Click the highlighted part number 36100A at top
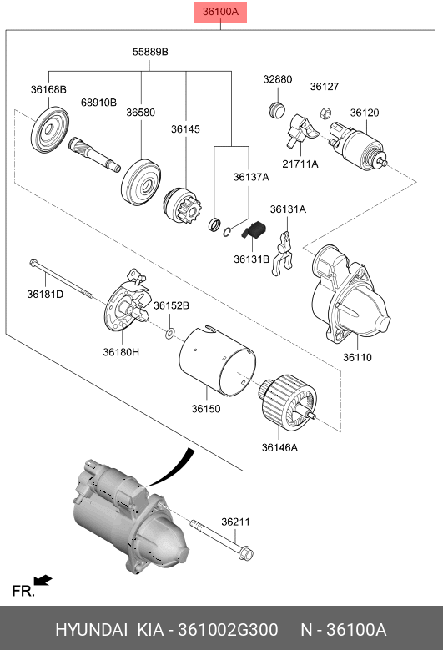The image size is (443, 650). pyautogui.click(x=220, y=12)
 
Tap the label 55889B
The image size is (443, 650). pyautogui.click(x=150, y=52)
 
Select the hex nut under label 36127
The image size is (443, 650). pyautogui.click(x=325, y=112)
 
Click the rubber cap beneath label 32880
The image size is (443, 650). pyautogui.click(x=276, y=109)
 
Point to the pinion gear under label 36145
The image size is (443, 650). pyautogui.click(x=182, y=208)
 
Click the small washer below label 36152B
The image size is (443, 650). pyautogui.click(x=170, y=332)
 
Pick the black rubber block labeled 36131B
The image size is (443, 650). pyautogui.click(x=254, y=229)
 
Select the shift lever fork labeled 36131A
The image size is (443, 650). pyautogui.click(x=283, y=254)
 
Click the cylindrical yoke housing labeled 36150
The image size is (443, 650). pyautogui.click(x=218, y=360)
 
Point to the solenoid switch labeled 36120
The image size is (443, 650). pyautogui.click(x=359, y=145)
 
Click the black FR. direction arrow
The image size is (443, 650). pyautogui.click(x=43, y=580)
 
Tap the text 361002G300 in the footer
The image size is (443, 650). pyautogui.click(x=228, y=630)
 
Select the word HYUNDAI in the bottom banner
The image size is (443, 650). pyautogui.click(x=91, y=630)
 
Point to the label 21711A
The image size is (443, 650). pyautogui.click(x=300, y=164)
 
